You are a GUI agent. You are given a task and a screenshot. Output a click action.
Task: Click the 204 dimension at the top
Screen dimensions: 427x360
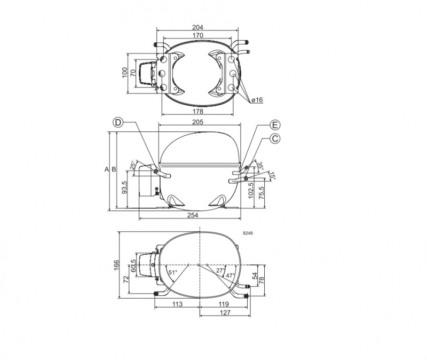(x=197, y=27)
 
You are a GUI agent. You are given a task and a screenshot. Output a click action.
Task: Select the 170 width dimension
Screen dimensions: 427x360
(x=197, y=35)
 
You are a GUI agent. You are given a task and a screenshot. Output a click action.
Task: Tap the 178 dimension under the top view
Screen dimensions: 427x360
(x=197, y=111)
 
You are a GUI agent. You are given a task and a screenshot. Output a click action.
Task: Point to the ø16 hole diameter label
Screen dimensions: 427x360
(x=257, y=100)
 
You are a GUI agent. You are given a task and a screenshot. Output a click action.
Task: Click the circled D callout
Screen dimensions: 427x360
(x=118, y=122)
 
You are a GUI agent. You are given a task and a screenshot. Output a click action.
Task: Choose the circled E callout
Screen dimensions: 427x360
(x=275, y=125)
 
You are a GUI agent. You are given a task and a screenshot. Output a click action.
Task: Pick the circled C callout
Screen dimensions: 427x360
(x=275, y=138)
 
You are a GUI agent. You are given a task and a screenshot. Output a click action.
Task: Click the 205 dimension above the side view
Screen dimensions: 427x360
(x=197, y=122)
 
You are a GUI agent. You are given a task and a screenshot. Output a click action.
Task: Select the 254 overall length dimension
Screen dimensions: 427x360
(x=193, y=215)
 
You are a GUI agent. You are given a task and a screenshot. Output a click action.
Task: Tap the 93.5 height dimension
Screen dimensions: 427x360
(x=124, y=187)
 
